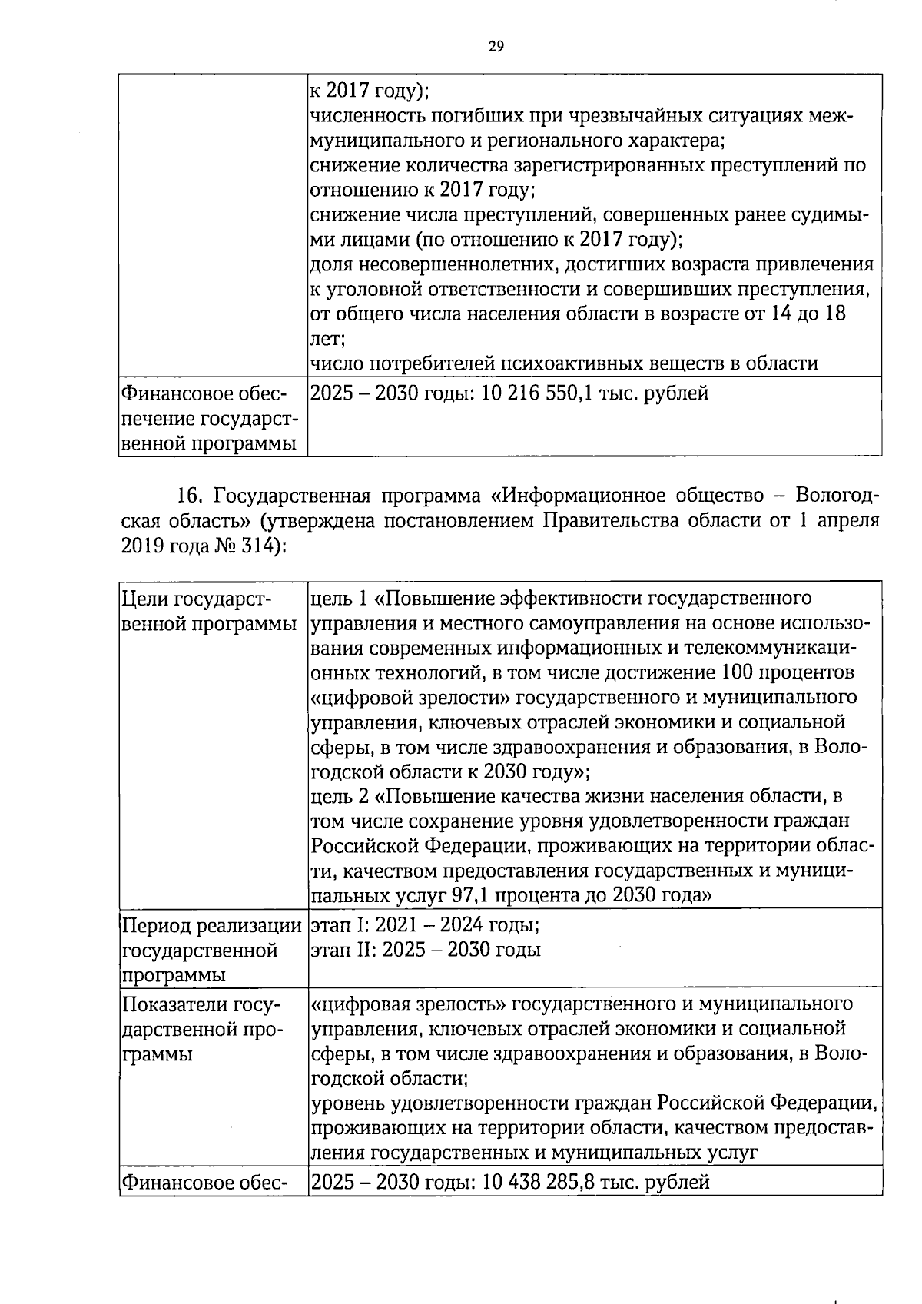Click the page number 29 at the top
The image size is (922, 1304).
pyautogui.click(x=496, y=47)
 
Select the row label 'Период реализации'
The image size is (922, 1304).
pyautogui.click(x=211, y=926)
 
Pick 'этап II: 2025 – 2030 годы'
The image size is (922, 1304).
pyautogui.click(x=426, y=950)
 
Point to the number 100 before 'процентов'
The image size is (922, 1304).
pyautogui.click(x=739, y=672)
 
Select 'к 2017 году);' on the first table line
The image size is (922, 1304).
pyautogui.click(x=369, y=91)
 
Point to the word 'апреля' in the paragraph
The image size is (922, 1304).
pyautogui.click(x=848, y=520)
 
